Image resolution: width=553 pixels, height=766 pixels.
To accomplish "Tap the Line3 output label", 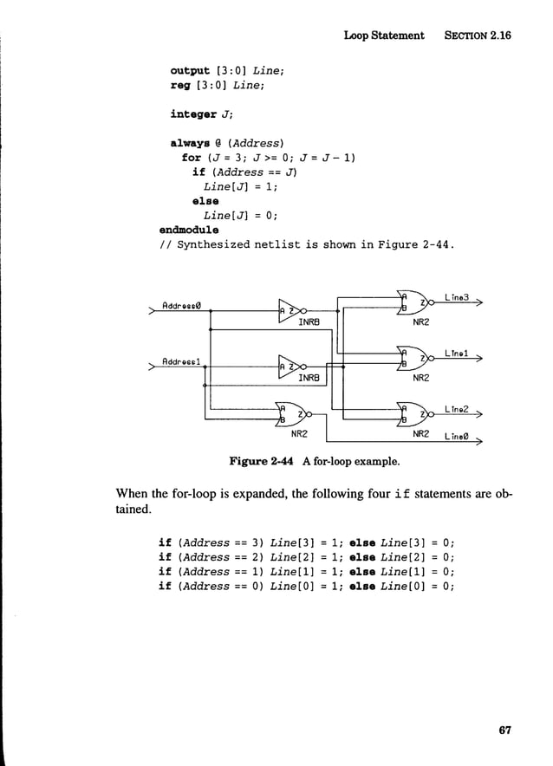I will pos(457,297).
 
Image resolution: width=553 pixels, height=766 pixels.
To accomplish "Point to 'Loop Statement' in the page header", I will pos(384,36).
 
